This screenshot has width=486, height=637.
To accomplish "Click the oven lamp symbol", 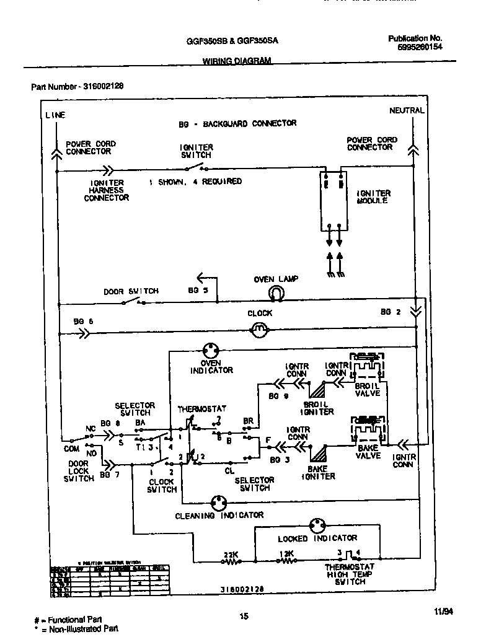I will coord(275,294).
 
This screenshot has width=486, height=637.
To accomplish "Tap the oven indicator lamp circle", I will coord(212,351).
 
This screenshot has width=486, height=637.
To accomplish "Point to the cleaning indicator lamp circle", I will coord(218,503).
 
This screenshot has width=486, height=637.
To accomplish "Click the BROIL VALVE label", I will coord(368,389).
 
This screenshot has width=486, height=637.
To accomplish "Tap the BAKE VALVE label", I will coord(368,452).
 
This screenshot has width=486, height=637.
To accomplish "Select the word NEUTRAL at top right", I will coord(407,110).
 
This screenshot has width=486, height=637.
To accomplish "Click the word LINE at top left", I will coord(55,115).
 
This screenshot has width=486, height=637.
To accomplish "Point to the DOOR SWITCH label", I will coord(131,291).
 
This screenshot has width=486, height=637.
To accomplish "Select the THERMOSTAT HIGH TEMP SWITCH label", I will coord(350,574).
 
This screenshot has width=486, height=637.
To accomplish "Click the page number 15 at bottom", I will coord(244,615).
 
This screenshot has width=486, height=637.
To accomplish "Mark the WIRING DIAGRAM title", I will coord(237,61).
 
